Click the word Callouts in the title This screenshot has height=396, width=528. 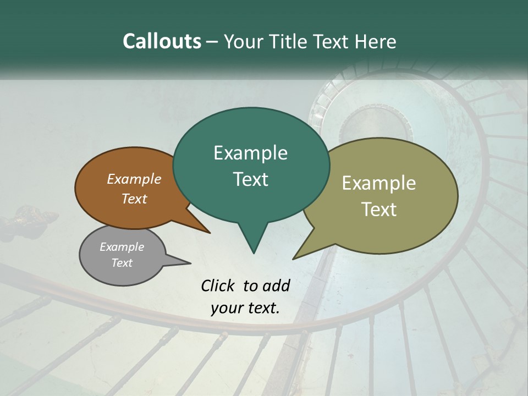(162, 41)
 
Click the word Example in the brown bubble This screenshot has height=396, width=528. (134, 179)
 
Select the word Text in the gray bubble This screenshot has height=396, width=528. (122, 263)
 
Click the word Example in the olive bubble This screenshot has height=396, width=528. (378, 183)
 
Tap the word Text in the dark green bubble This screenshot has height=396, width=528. (250, 179)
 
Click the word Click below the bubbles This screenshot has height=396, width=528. (219, 285)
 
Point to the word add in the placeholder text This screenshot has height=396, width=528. (276, 285)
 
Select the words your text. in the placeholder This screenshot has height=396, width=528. (245, 308)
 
